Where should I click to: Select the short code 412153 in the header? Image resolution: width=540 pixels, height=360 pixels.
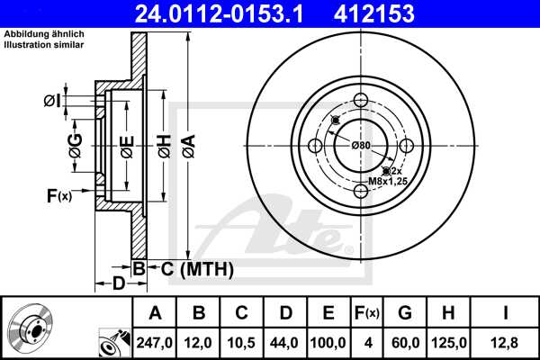coord(401,14)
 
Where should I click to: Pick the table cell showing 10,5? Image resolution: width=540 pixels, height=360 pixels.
coord(242,342)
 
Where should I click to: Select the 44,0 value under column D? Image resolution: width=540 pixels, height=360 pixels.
coord(285,342)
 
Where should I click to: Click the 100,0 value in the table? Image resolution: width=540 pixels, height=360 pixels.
coord(328,342)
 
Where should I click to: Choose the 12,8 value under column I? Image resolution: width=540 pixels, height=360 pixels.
coord(507,342)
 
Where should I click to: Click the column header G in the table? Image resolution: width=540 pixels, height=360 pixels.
coord(405,313)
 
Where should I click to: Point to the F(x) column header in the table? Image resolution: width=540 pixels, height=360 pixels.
coord(366,313)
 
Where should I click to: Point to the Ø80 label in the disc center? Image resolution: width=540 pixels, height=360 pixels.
coord(361,146)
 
